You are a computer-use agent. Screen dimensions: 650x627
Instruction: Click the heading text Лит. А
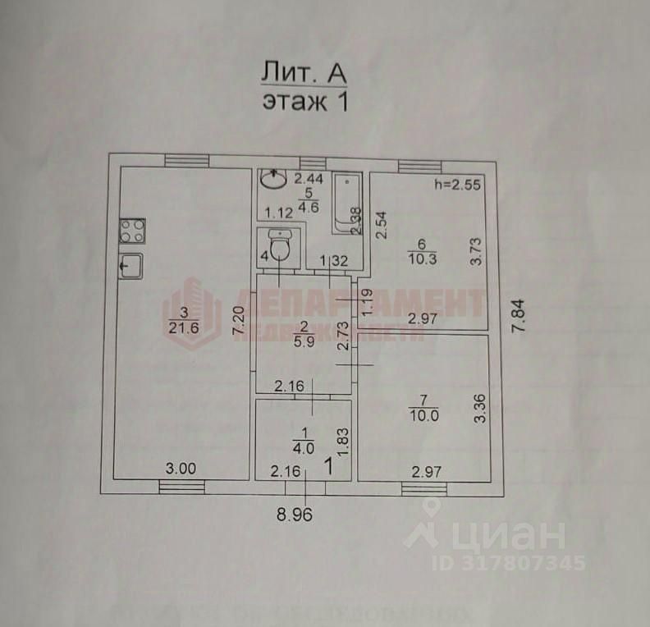[x=304, y=73]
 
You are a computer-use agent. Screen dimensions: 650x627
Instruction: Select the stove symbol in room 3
[x=132, y=230]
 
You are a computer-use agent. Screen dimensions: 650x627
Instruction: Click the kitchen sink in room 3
[x=131, y=267]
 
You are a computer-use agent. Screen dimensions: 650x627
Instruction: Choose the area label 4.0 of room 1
[x=304, y=448]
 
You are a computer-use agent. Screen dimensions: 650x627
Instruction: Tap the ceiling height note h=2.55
[x=457, y=185]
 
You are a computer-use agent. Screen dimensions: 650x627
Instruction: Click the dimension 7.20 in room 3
[x=238, y=319]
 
